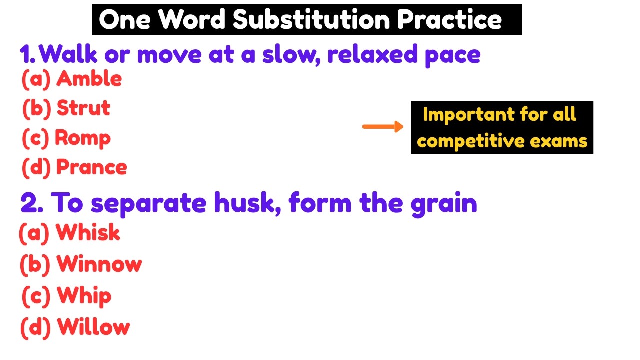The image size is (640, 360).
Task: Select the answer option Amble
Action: click(x=89, y=79)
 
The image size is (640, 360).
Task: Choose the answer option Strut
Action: click(x=83, y=108)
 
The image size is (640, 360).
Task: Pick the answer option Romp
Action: click(x=82, y=138)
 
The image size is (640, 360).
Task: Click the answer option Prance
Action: click(x=91, y=167)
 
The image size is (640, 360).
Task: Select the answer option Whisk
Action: click(x=88, y=233)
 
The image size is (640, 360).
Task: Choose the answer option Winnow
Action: click(x=99, y=264)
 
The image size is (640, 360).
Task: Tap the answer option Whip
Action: click(x=84, y=296)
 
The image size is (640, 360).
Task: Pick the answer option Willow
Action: click(x=93, y=327)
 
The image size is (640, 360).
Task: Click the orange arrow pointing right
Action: click(x=382, y=127)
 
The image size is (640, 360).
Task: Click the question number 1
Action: click(x=27, y=54)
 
